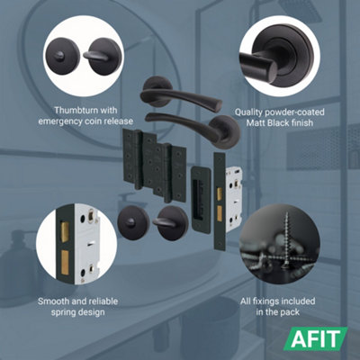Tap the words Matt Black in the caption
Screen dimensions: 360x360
(x=274, y=122)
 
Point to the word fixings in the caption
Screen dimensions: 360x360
(x=279, y=299)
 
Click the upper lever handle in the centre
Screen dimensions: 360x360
(x=180, y=97)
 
